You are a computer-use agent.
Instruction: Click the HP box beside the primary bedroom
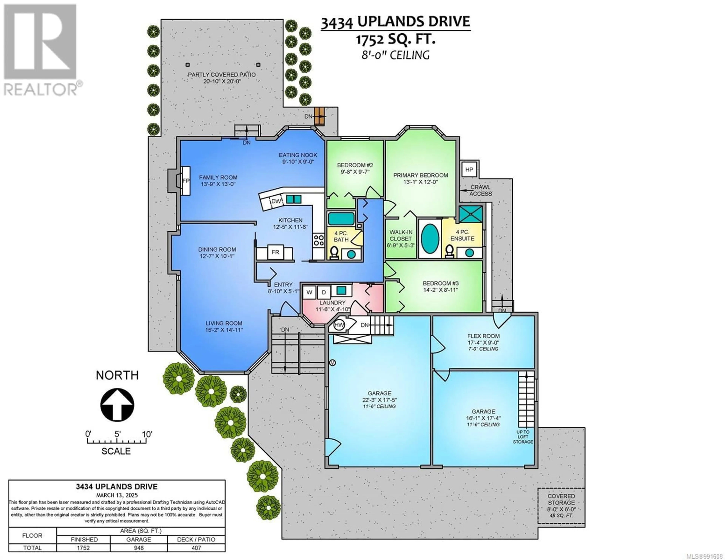click(x=469, y=170)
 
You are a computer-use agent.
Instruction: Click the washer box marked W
click(x=309, y=292)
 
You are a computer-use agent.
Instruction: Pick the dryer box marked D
click(x=324, y=292)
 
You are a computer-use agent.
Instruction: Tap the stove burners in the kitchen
click(x=319, y=240)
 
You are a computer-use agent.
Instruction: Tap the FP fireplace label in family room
click(x=186, y=181)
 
